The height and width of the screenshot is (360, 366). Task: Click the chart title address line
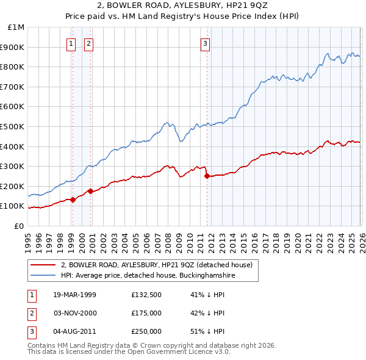(183, 7)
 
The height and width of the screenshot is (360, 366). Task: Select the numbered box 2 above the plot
(89, 43)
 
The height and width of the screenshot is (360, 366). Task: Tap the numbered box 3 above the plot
(206, 43)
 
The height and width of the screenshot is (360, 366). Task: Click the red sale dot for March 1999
(73, 200)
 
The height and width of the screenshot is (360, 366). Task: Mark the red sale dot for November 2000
(90, 191)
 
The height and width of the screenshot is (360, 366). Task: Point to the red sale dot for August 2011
(207, 176)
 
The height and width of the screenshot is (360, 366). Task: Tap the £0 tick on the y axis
(19, 226)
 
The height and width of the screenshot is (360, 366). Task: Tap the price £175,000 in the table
(146, 313)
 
